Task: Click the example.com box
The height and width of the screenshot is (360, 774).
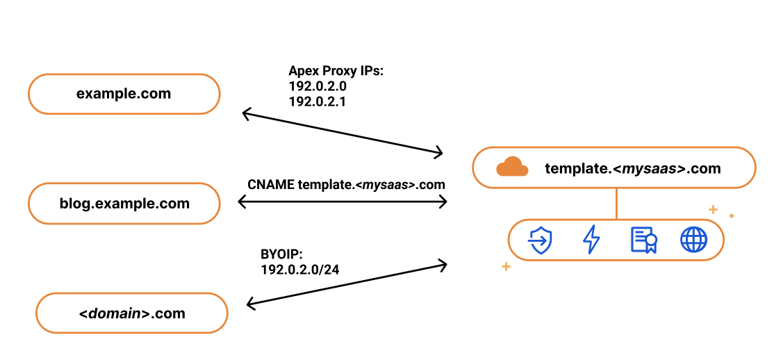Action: click(124, 94)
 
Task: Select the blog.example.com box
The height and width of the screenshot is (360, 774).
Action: click(124, 204)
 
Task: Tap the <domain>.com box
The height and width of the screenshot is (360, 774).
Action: click(132, 313)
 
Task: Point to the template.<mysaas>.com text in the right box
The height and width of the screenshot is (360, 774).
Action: click(632, 168)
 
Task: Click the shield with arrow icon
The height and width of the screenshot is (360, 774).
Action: click(540, 240)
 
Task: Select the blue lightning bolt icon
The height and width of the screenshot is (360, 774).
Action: click(591, 240)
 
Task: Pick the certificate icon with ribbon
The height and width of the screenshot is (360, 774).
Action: click(643, 240)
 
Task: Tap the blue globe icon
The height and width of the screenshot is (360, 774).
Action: click(693, 240)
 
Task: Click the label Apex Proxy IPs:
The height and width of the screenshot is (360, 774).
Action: click(336, 71)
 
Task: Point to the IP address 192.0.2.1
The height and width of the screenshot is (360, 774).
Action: click(318, 101)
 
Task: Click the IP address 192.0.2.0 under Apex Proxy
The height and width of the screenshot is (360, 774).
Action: click(318, 86)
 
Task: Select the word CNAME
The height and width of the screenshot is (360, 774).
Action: click(270, 185)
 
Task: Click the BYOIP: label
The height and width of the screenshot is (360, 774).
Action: click(281, 254)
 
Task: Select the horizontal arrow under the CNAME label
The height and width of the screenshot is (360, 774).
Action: click(343, 202)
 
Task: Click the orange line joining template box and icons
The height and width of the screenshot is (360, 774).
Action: click(616, 203)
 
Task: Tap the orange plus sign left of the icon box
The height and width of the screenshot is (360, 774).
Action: click(506, 266)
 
